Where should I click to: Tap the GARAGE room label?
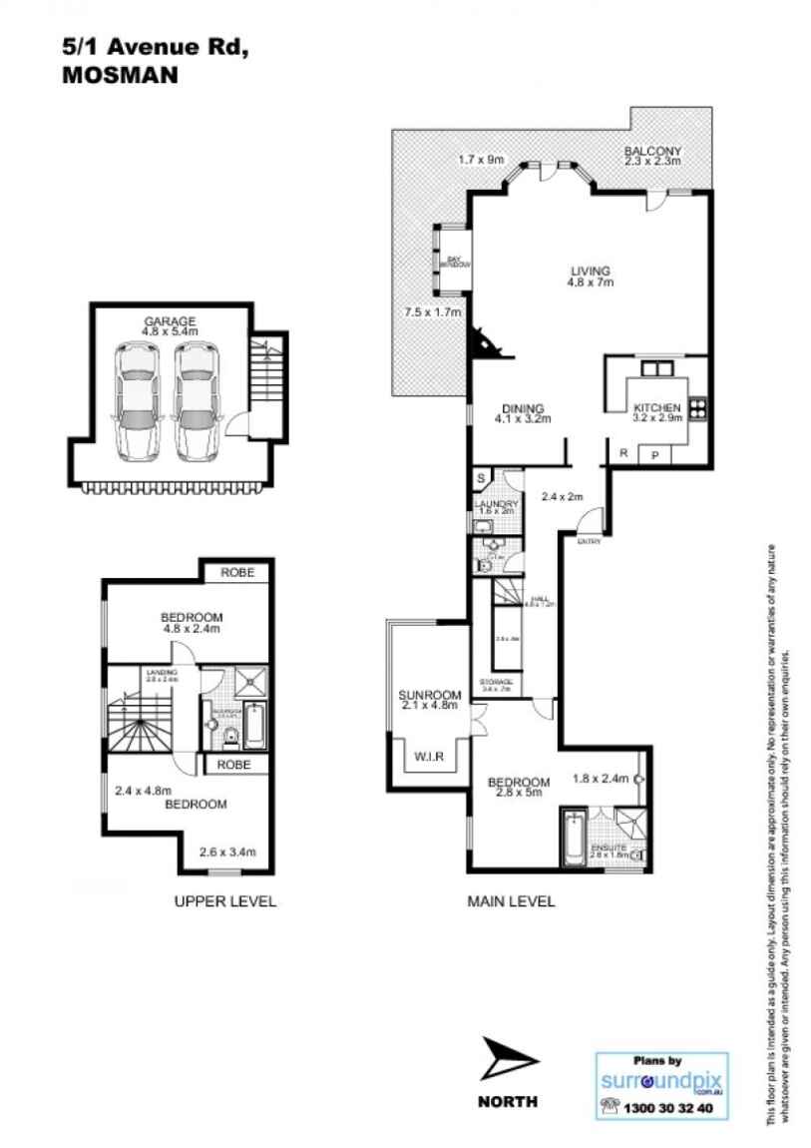[x=169, y=321]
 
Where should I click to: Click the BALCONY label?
[x=652, y=152]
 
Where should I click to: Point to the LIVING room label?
[x=590, y=271]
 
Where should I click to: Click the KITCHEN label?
[x=657, y=408]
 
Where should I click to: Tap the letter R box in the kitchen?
[x=623, y=454]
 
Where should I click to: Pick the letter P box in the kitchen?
[x=655, y=454]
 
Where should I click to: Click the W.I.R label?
[x=428, y=757]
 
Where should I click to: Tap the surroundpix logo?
[x=660, y=1081]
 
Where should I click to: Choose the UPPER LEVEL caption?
[x=224, y=901]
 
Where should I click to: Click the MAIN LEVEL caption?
[x=511, y=901]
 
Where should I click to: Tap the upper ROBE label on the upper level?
[x=236, y=573]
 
